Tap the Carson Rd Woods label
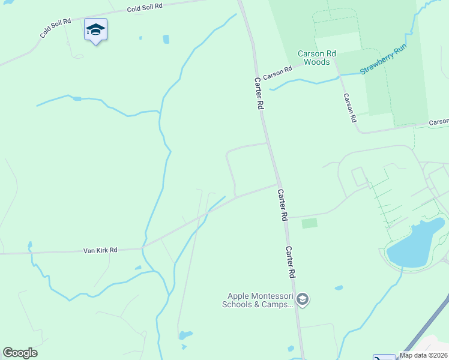point(316,58)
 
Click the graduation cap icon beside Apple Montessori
point(303,299)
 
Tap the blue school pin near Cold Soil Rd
point(95,31)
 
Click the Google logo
point(20,353)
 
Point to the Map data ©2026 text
point(424,355)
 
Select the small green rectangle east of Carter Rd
point(309,223)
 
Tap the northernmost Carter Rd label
point(259,93)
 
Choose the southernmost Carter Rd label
point(292,262)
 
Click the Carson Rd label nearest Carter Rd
point(277,73)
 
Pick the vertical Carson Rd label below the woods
point(350,108)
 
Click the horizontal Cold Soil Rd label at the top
point(145,8)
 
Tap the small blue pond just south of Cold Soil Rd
point(166,39)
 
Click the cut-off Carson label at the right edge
point(439,122)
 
